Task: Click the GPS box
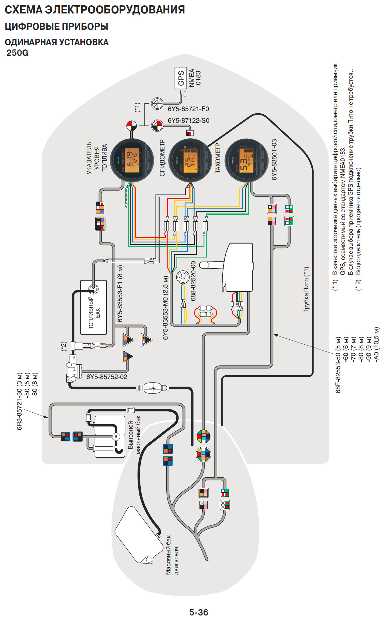(181, 78)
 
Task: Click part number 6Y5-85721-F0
(188, 109)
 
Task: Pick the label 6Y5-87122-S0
(189, 121)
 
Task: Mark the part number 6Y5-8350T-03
(274, 160)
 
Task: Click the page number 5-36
(199, 612)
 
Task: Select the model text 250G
(18, 53)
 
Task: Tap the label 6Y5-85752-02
(107, 377)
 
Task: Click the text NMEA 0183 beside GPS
(195, 78)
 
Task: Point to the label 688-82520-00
(193, 281)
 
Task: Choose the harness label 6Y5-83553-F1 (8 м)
(120, 294)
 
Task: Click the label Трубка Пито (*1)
(306, 289)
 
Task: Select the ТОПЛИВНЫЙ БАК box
(94, 308)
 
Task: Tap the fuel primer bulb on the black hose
(153, 388)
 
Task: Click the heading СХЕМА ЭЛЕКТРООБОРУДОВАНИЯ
(95, 10)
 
